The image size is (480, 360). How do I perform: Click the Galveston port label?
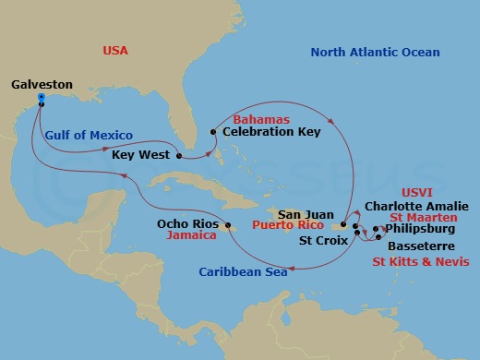coord(41,84)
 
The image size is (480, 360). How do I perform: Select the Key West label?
coord(140,155)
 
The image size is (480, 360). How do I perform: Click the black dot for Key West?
coord(177,155)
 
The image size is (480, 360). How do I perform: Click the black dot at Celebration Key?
coord(213,132)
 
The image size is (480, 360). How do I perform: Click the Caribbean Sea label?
coord(242,271)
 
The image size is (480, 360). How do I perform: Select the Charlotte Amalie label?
coord(416,206)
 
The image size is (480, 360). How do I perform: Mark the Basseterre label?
coord(416,246)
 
